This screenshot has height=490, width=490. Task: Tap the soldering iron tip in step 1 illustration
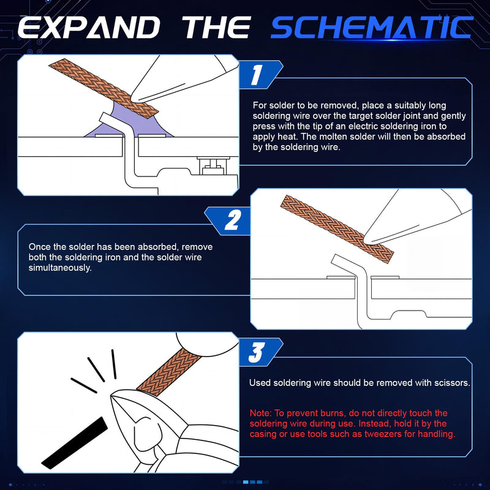(133, 99)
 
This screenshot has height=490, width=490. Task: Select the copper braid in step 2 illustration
(337, 229)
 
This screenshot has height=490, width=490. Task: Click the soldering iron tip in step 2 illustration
(366, 241)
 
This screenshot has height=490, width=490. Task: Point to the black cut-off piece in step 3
(75, 443)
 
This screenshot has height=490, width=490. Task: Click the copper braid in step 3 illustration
(169, 372)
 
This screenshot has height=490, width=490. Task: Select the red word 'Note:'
(261, 413)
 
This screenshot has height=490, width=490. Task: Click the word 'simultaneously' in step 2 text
(59, 268)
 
